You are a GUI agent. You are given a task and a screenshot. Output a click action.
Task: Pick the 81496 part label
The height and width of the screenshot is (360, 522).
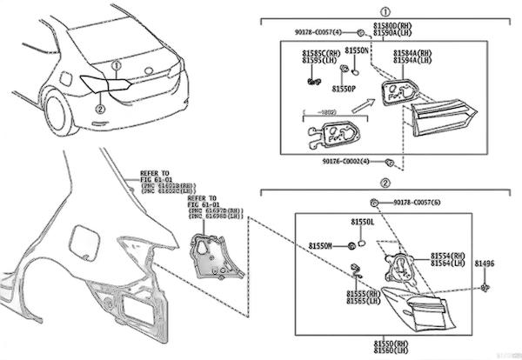485,263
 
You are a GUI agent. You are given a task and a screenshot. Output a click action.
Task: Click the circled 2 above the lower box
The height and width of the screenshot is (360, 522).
385,184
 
